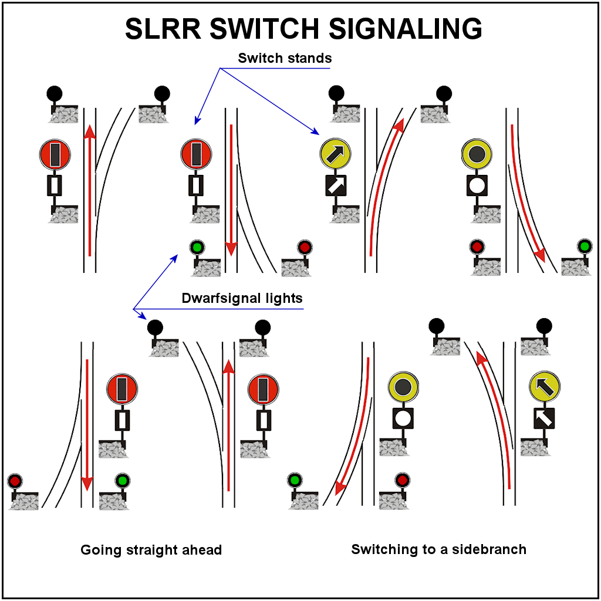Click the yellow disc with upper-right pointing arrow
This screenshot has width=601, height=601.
[335, 154]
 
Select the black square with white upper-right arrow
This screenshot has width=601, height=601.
[336, 186]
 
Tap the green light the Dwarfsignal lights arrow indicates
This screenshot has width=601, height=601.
[197, 247]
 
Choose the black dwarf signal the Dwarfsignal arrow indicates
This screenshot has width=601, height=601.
[155, 327]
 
